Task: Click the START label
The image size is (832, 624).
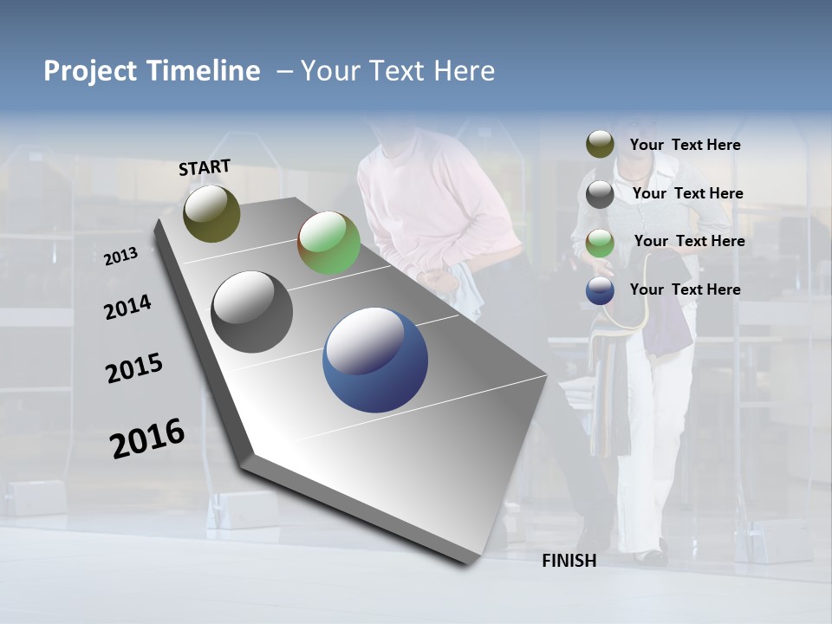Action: click(x=205, y=167)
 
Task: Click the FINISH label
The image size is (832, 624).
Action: click(x=569, y=561)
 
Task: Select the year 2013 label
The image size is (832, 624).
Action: click(x=120, y=256)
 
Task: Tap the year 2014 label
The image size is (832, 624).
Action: click(x=127, y=307)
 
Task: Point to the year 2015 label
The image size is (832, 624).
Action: click(x=134, y=368)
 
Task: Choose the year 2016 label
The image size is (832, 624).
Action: click(x=147, y=438)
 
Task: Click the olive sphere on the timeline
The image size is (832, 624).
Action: click(x=211, y=213)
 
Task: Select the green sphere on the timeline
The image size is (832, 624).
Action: click(x=328, y=243)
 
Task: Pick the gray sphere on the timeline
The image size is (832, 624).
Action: click(x=251, y=312)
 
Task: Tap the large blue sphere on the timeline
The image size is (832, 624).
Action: click(x=375, y=360)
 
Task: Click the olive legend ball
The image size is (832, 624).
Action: click(x=600, y=144)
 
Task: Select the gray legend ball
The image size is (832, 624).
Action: click(x=600, y=193)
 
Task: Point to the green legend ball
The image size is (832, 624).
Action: click(x=600, y=243)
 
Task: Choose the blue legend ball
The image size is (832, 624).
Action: click(x=600, y=290)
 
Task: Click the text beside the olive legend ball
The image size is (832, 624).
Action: click(x=685, y=145)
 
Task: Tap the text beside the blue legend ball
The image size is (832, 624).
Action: click(x=685, y=289)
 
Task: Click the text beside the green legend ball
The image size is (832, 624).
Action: click(x=689, y=241)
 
